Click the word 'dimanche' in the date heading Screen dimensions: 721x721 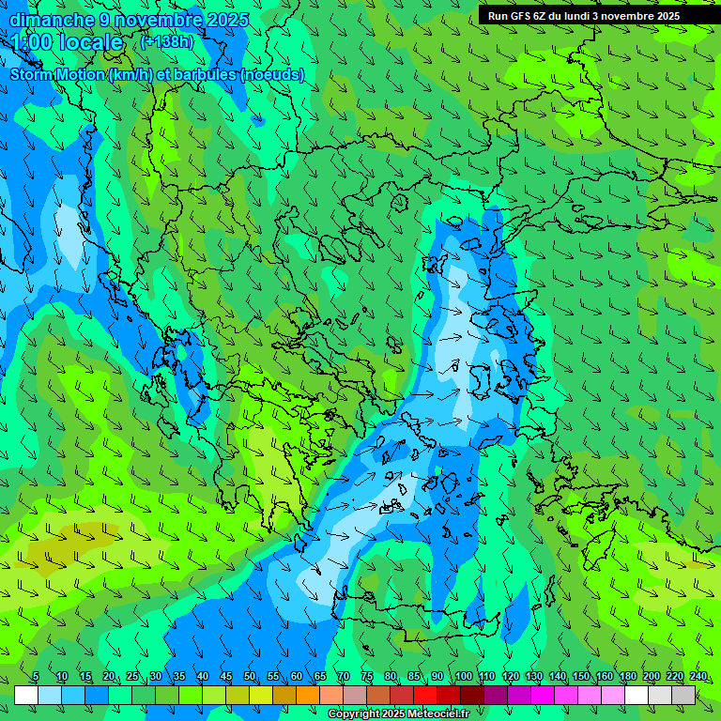click(x=52, y=20)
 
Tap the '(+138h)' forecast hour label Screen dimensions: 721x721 click(x=168, y=42)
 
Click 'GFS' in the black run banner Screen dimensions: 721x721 click(x=520, y=16)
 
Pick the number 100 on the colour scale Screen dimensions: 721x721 click(x=464, y=677)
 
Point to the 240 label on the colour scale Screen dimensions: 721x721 click(x=698, y=677)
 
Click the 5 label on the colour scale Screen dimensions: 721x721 click(x=36, y=677)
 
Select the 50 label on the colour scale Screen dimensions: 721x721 click(x=250, y=677)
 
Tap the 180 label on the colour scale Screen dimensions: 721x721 click(x=628, y=677)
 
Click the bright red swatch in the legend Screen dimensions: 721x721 click(x=425, y=695)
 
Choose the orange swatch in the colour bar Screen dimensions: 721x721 click(x=308, y=695)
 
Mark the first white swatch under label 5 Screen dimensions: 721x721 click(x=26, y=695)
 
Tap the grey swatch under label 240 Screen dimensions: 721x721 click(x=683, y=695)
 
